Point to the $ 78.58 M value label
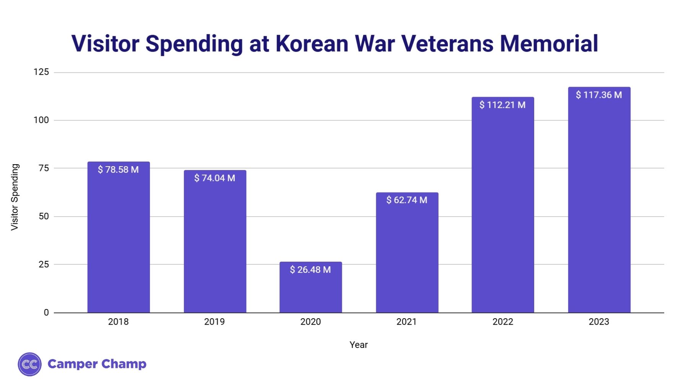pyautogui.click(x=118, y=170)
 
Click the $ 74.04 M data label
pyautogui.click(x=215, y=178)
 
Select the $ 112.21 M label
pyautogui.click(x=502, y=105)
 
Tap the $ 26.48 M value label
pyautogui.click(x=310, y=270)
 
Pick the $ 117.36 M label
pyautogui.click(x=599, y=95)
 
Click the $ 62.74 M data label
pyautogui.click(x=406, y=200)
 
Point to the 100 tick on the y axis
pyautogui.click(x=41, y=120)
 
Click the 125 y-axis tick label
pyautogui.click(x=41, y=72)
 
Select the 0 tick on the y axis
pyautogui.click(x=46, y=312)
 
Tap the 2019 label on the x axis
pyautogui.click(x=215, y=322)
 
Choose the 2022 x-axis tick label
pyautogui.click(x=502, y=322)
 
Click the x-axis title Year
pyautogui.click(x=358, y=345)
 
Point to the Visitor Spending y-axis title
pyautogui.click(x=15, y=197)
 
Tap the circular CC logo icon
pyautogui.click(x=29, y=364)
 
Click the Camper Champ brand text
pyautogui.click(x=97, y=364)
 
